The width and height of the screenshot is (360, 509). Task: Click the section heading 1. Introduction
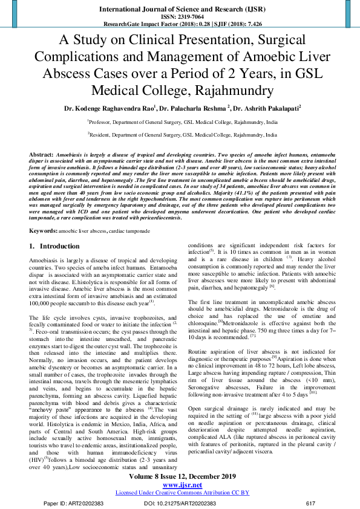54,247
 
